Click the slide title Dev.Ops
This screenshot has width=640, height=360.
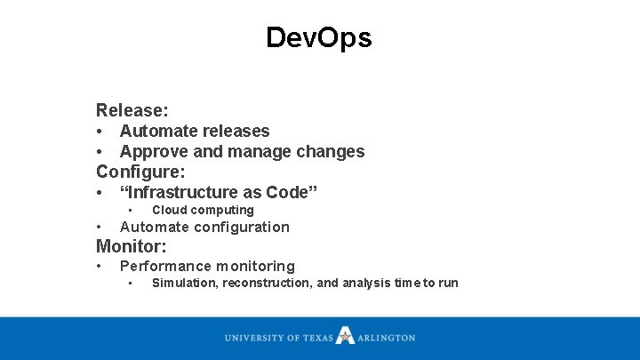tap(319, 37)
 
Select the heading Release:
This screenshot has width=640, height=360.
tap(132, 111)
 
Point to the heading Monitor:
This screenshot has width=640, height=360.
tap(132, 246)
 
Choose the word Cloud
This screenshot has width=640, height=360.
tap(169, 211)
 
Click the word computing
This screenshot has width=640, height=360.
tap(222, 211)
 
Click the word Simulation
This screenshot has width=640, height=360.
tap(185, 284)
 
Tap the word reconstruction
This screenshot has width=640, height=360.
tap(267, 284)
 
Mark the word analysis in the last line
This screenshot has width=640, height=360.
tap(368, 284)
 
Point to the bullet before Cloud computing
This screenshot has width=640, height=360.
tap(130, 211)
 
